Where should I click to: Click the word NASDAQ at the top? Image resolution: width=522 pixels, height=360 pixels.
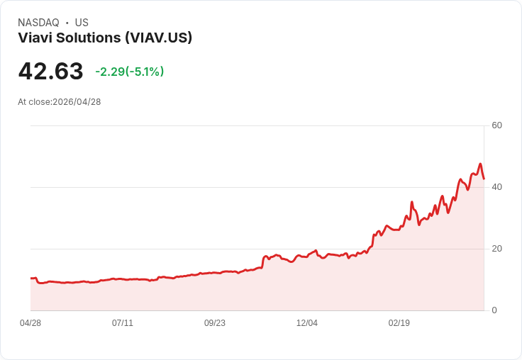(x=38, y=23)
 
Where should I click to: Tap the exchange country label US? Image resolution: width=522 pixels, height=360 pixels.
(x=82, y=23)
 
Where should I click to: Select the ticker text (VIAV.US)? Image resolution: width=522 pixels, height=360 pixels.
(x=158, y=38)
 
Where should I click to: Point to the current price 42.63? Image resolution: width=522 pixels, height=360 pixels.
(x=50, y=71)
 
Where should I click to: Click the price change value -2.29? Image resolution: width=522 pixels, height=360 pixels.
(x=110, y=72)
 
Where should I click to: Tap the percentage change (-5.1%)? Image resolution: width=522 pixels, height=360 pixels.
(x=145, y=72)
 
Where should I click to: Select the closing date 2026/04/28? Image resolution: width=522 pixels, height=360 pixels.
(x=77, y=102)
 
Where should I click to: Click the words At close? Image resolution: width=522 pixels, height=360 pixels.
(x=34, y=102)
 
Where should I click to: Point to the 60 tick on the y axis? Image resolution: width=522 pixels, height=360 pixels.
(x=496, y=125)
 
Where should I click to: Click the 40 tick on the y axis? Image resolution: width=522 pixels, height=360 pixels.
(x=496, y=187)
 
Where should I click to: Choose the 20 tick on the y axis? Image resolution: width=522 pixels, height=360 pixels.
(x=496, y=249)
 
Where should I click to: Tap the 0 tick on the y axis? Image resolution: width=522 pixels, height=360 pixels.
(x=494, y=310)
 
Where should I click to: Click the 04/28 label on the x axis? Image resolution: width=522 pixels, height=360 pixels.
(x=30, y=323)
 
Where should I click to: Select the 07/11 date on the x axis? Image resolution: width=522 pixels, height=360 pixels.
(x=123, y=323)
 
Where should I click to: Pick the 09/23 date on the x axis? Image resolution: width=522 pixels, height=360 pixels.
(x=215, y=323)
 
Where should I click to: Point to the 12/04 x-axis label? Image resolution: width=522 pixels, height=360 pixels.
(x=307, y=323)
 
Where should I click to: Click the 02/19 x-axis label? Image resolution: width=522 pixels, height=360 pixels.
(x=399, y=323)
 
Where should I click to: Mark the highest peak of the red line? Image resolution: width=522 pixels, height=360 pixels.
(x=480, y=164)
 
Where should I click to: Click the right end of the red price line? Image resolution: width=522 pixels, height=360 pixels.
(x=484, y=179)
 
